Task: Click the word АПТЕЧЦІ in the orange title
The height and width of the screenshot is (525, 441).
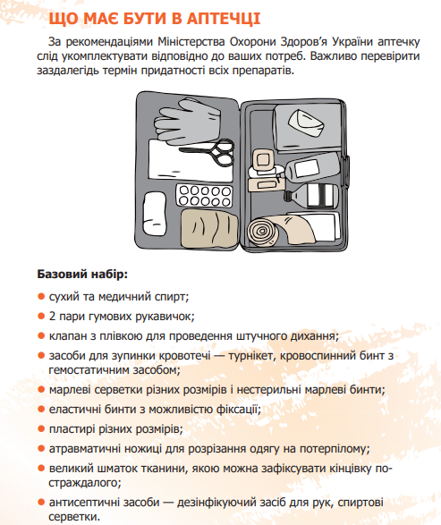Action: click(223, 19)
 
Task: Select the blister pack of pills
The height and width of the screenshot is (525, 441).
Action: click(204, 196)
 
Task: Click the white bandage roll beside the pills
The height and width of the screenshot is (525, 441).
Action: click(155, 213)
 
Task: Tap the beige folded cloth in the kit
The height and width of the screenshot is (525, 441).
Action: click(209, 229)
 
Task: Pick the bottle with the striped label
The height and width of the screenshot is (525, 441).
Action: click(311, 195)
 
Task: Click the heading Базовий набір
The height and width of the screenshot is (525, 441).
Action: click(82, 275)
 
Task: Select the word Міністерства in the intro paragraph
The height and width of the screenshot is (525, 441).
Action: click(191, 42)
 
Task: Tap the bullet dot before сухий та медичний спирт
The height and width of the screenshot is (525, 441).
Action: click(41, 297)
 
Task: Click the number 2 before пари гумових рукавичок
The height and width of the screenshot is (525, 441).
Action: click(52, 316)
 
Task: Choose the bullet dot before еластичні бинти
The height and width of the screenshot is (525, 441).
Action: click(41, 409)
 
